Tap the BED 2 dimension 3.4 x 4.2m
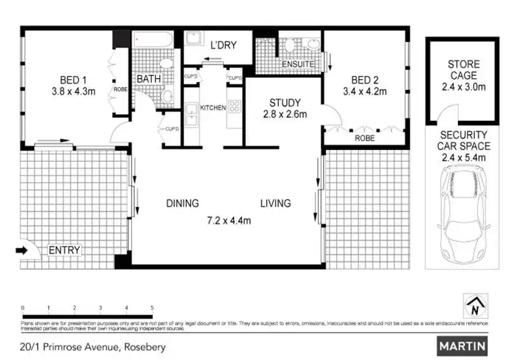pyautogui.click(x=365, y=91)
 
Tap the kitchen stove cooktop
pyautogui.click(x=235, y=106)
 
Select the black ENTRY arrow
pyautogui.click(x=22, y=250)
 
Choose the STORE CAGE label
pyautogui.click(x=462, y=71)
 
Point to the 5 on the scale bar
pyautogui.click(x=153, y=308)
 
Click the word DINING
pyautogui.click(x=183, y=203)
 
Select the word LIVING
pyautogui.click(x=274, y=203)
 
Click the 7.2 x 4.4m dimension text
pyautogui.click(x=229, y=221)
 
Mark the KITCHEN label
pyautogui.click(x=212, y=107)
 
